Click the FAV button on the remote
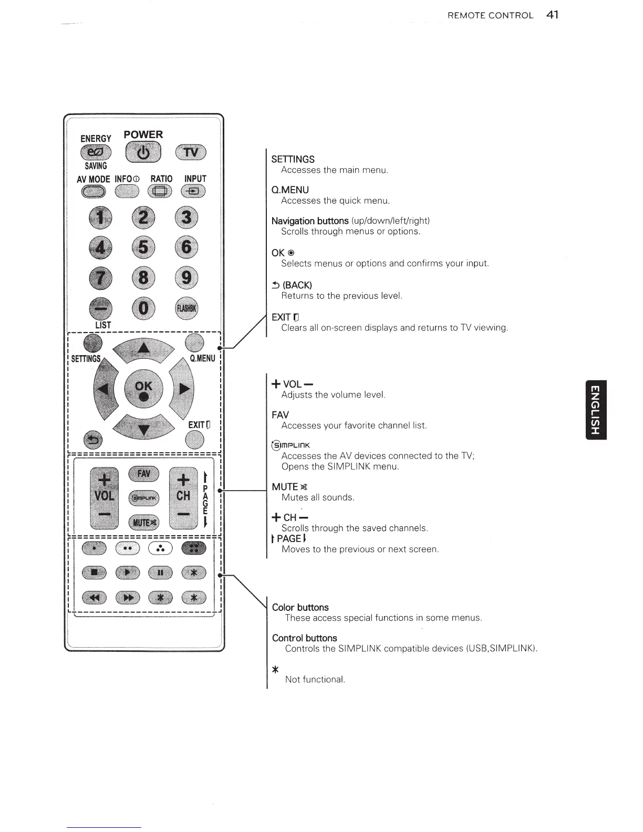tap(144, 474)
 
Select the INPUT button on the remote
tap(193, 192)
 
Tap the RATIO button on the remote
tap(161, 192)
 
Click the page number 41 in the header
tap(552, 15)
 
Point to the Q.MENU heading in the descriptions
tap(290, 190)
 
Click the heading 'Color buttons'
tap(300, 607)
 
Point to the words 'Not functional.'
tap(315, 679)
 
